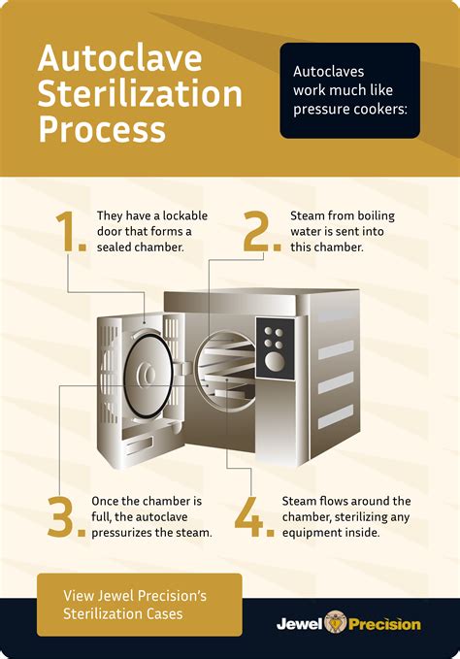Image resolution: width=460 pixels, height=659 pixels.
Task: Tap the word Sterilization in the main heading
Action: (140, 93)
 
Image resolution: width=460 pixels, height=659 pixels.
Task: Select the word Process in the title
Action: (102, 128)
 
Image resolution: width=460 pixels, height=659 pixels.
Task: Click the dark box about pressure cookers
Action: (349, 89)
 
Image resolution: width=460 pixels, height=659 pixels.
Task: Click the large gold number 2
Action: (257, 231)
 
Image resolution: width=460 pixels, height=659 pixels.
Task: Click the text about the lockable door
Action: (151, 231)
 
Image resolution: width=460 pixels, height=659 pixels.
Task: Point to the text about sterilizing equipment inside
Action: (347, 516)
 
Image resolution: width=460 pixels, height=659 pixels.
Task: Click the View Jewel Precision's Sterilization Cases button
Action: (139, 604)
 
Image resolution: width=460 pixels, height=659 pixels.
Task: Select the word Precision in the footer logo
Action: (384, 624)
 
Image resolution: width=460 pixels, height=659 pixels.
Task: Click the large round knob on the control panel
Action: (275, 362)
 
